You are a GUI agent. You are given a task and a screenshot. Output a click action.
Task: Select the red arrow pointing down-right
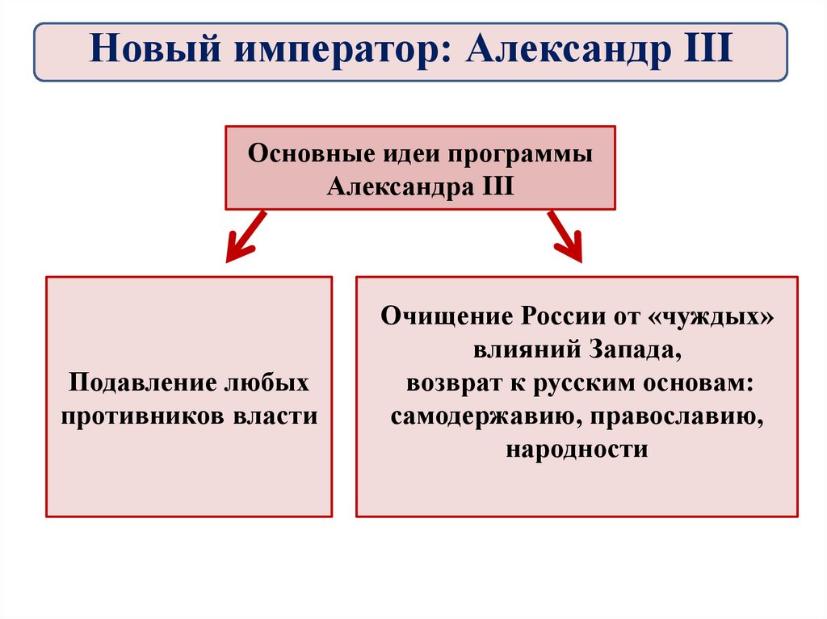point(565,236)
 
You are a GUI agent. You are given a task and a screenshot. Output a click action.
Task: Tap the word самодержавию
point(475,416)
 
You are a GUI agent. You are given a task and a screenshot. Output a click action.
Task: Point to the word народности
point(577,449)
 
